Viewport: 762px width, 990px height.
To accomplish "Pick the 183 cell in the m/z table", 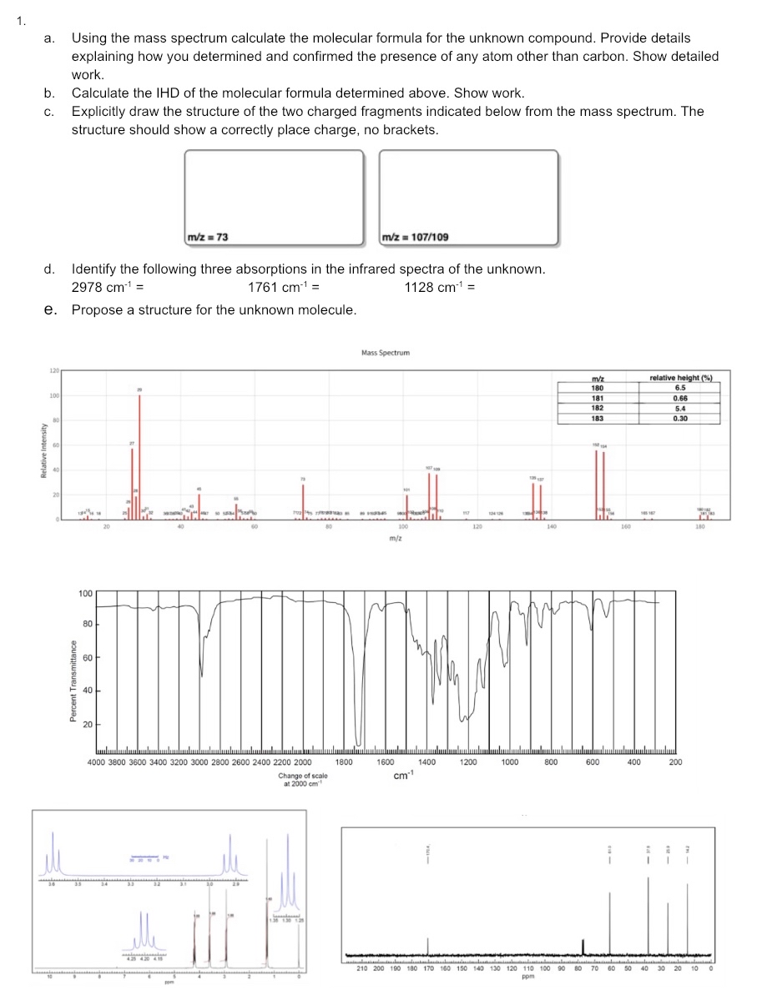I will [x=597, y=418].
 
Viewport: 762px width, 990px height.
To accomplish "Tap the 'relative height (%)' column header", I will [x=680, y=380].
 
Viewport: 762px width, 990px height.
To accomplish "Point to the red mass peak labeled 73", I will [x=303, y=500].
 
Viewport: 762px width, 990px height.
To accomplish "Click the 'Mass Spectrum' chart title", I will [x=386, y=353].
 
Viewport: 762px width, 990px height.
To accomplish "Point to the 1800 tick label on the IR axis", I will [x=344, y=761].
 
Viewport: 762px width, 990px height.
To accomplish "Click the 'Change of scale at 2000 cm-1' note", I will [x=305, y=780].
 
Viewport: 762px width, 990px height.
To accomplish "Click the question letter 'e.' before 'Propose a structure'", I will [x=51, y=310].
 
